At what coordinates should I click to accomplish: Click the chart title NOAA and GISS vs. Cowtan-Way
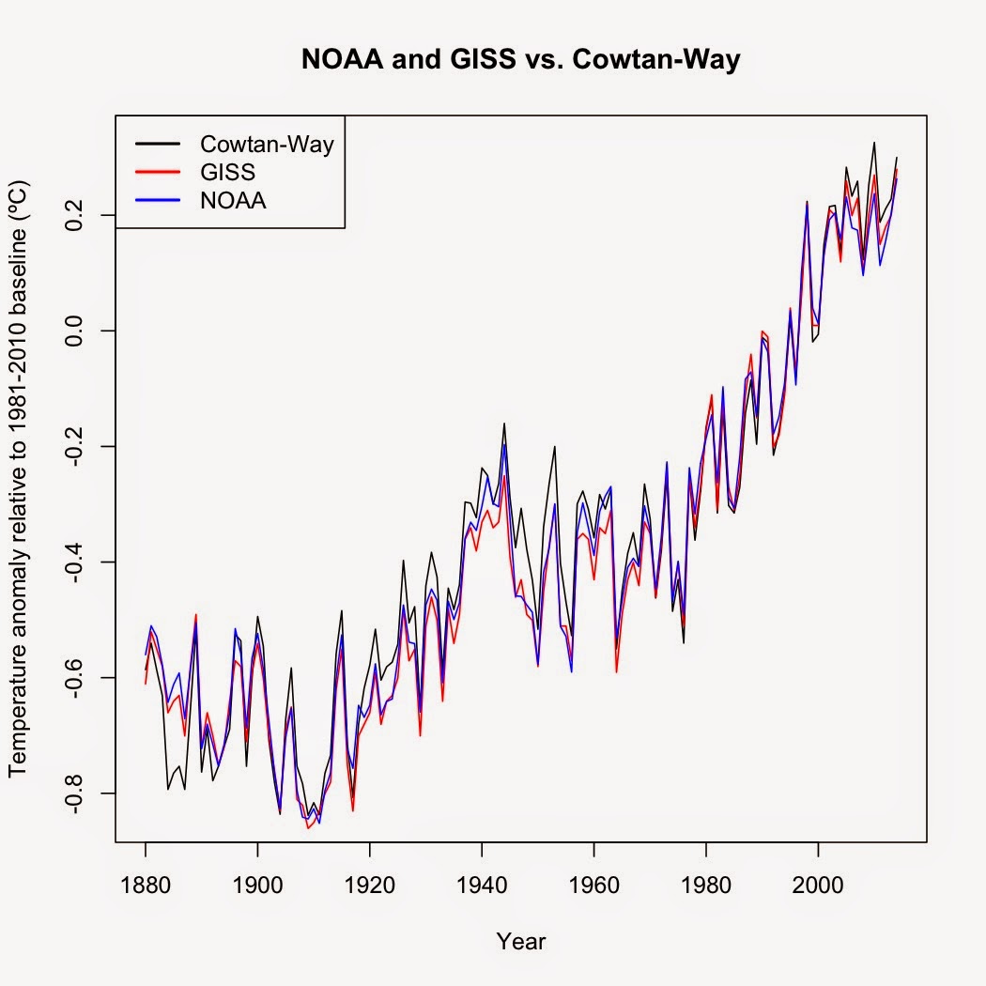(x=521, y=62)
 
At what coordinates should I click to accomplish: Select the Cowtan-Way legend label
(x=267, y=145)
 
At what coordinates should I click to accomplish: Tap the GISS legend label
(x=227, y=173)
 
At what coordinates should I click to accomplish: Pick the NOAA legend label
(x=233, y=200)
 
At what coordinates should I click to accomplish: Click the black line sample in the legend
(x=156, y=145)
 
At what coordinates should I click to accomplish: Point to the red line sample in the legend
(x=156, y=173)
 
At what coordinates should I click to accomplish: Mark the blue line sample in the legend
(x=156, y=200)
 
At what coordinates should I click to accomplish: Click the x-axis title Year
(x=521, y=941)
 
